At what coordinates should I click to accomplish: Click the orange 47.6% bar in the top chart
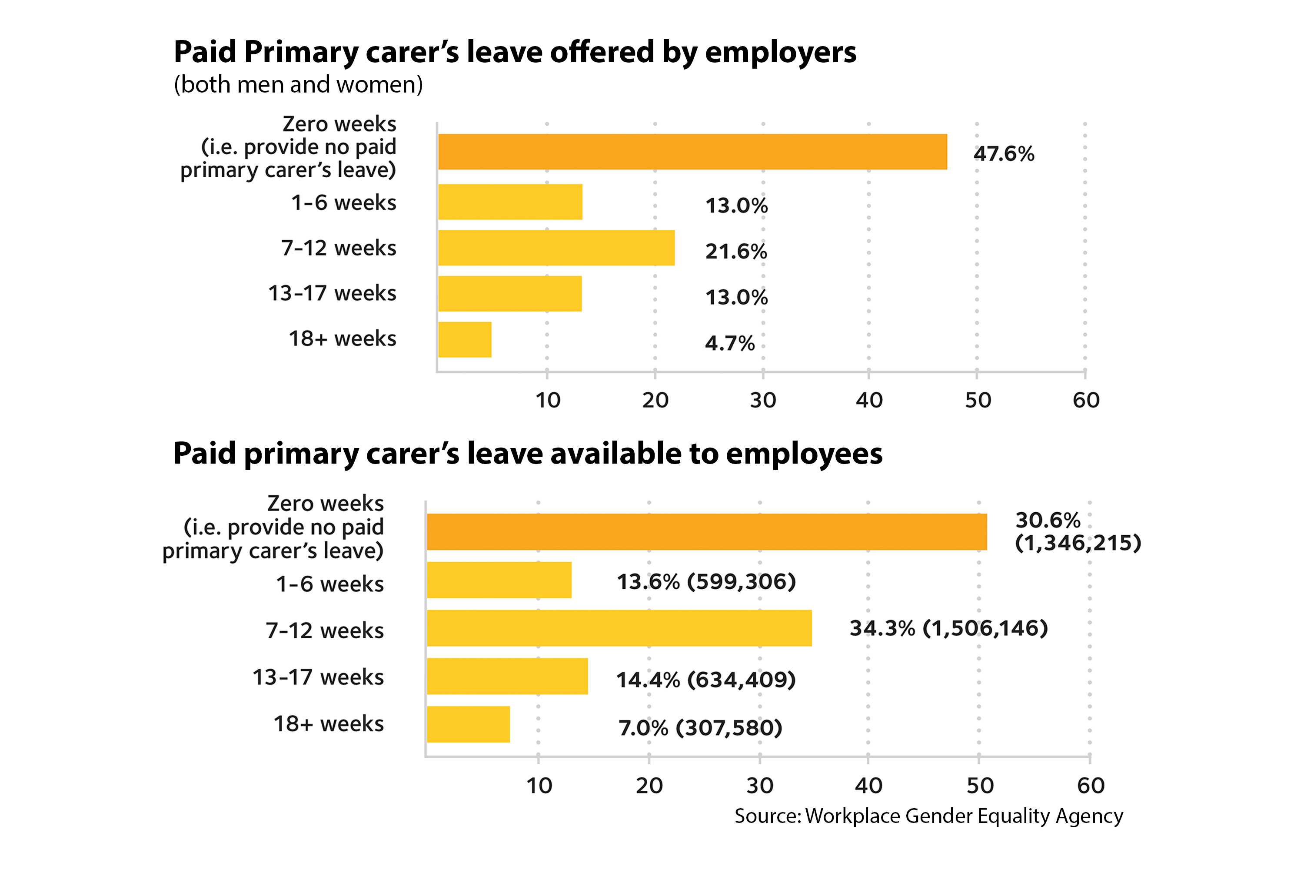click(x=692, y=151)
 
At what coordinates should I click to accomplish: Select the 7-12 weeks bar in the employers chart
click(x=556, y=248)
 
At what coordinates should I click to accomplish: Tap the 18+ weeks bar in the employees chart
click(x=468, y=724)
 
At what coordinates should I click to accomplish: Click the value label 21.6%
click(x=736, y=252)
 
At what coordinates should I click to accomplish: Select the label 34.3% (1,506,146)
click(x=948, y=628)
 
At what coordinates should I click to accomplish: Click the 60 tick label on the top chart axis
click(x=1085, y=400)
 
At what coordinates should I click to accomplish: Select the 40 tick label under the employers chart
click(x=869, y=400)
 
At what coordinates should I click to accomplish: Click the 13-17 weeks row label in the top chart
click(x=332, y=293)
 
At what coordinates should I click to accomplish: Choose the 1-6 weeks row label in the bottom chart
click(x=329, y=584)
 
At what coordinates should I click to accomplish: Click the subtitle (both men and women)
click(x=298, y=85)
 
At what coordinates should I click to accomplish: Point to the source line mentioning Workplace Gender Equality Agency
click(x=928, y=816)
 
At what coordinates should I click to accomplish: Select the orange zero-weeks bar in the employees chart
click(x=706, y=531)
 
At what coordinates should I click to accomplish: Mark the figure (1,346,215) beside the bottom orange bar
click(x=1077, y=543)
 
